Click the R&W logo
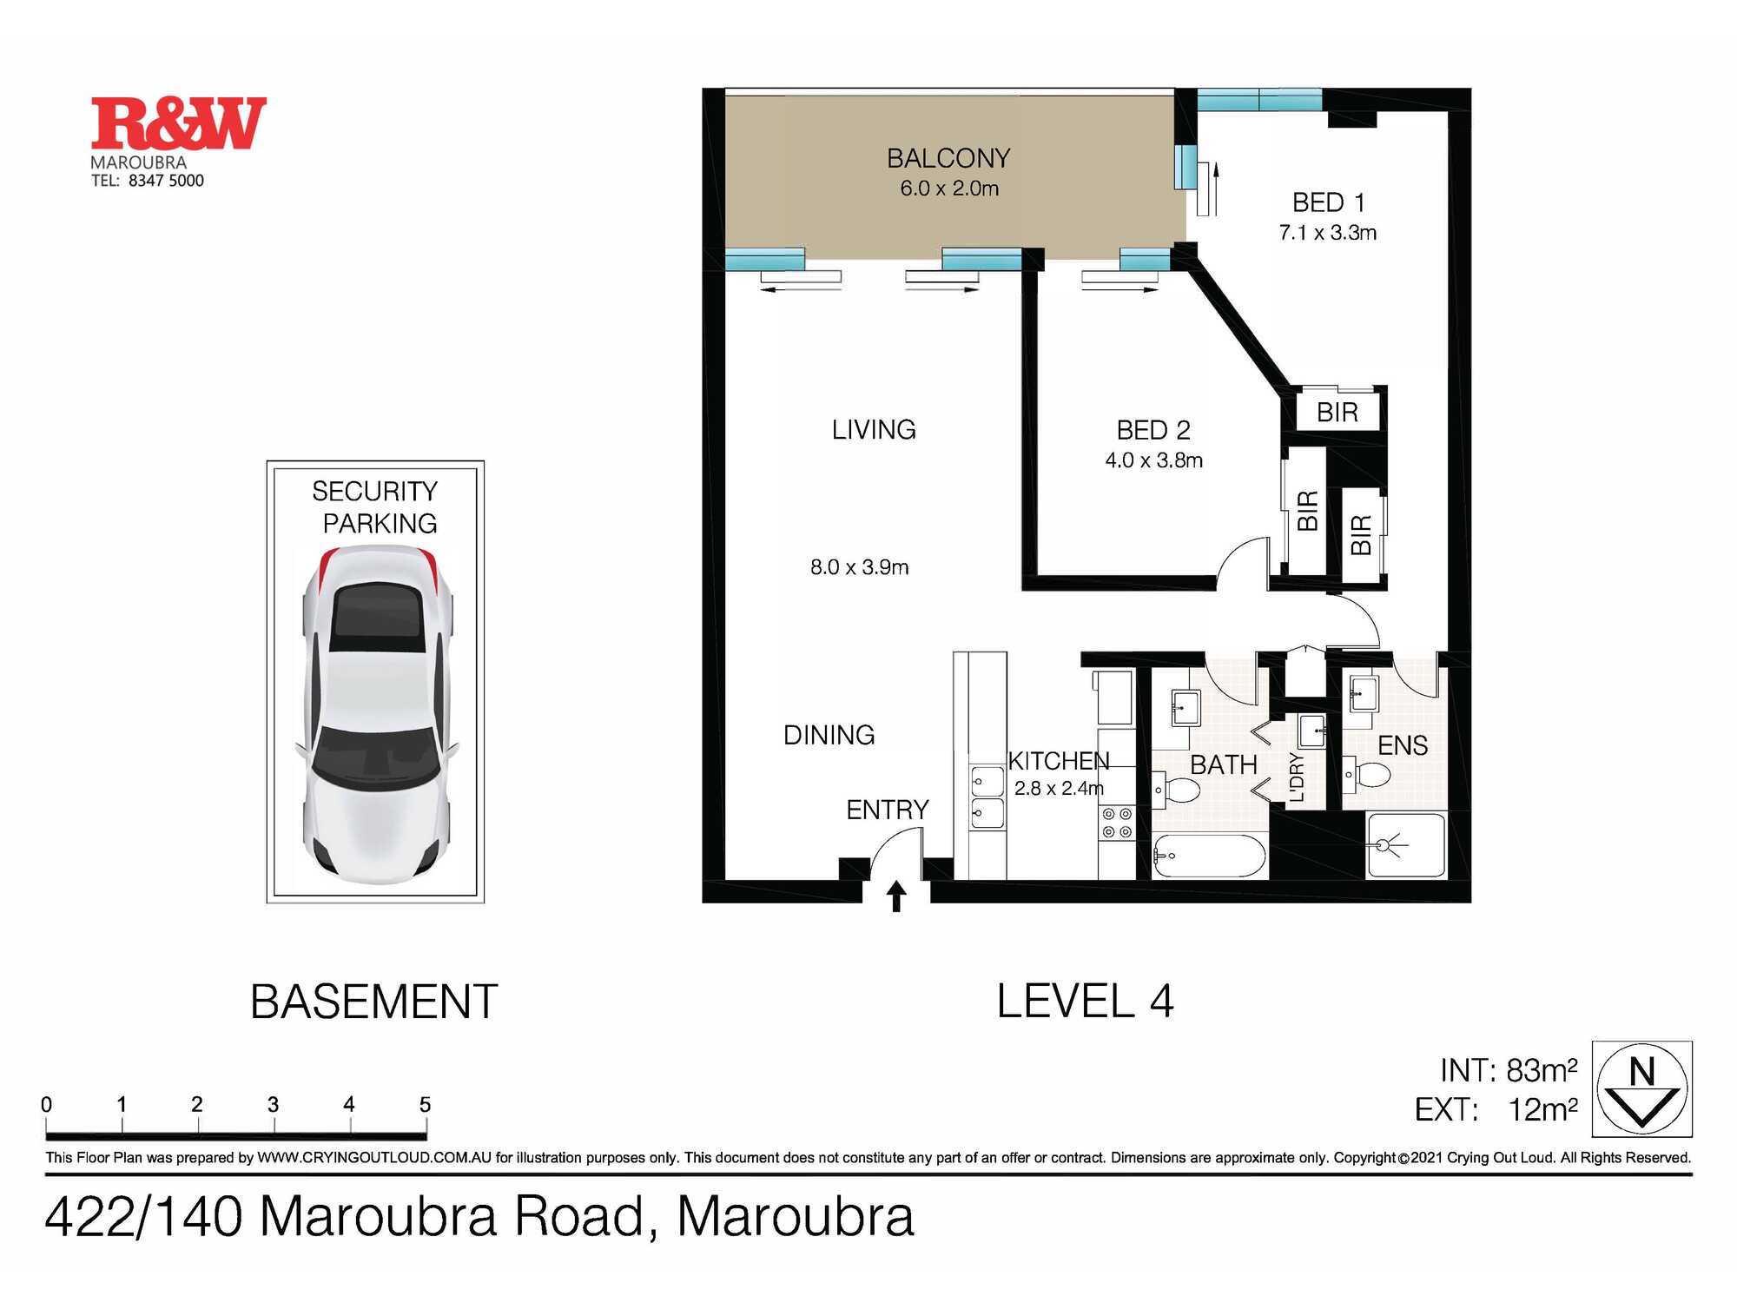178,123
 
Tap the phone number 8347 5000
166,181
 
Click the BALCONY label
948,158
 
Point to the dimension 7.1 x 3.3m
1327,233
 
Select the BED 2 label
1152,430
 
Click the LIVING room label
874,429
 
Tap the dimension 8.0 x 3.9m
859,567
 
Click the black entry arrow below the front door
896,896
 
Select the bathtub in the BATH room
1209,856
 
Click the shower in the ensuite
1404,844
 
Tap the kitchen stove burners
1116,823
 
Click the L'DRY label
1297,777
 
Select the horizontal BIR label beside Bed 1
1337,412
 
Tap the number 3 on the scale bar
273,1104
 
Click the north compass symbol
1641,1088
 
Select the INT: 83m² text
1508,1070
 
